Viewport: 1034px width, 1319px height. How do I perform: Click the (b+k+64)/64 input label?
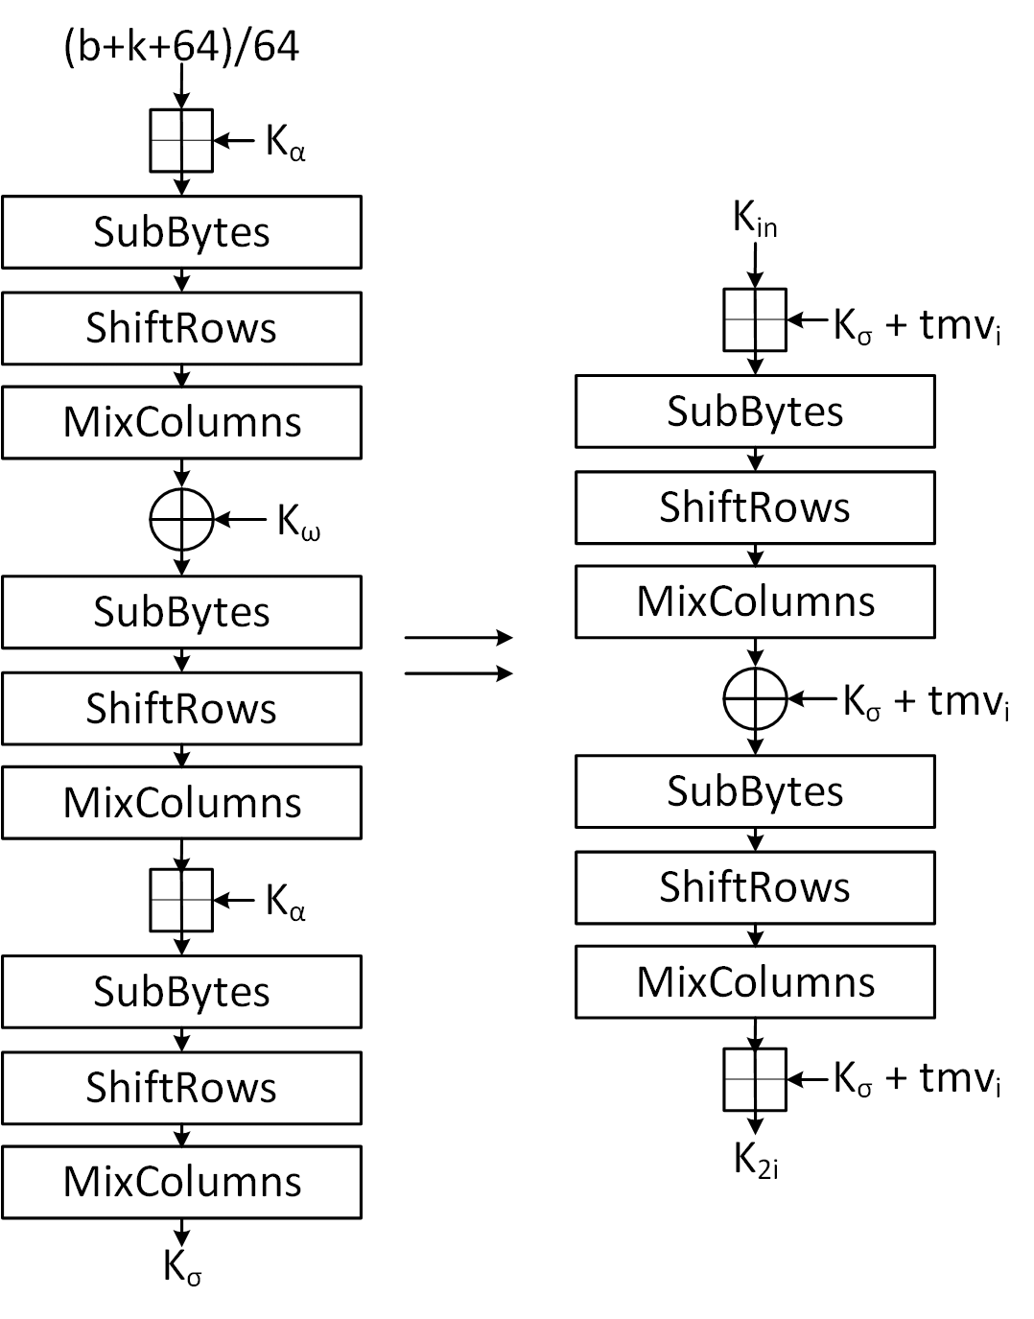click(x=181, y=46)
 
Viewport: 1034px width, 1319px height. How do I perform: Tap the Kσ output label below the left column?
click(x=182, y=1266)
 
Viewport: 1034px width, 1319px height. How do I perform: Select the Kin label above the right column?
click(x=755, y=220)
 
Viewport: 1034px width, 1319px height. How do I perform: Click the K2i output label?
click(x=756, y=1160)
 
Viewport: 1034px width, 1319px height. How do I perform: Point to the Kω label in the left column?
click(x=298, y=521)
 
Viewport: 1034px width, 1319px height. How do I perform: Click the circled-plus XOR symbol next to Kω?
click(x=181, y=520)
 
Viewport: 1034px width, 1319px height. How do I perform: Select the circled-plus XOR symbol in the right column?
click(x=755, y=698)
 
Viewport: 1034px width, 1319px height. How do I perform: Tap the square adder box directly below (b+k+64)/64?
click(x=181, y=141)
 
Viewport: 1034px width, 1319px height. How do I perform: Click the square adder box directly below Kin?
click(x=755, y=319)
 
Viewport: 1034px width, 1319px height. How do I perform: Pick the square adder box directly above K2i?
click(x=755, y=1079)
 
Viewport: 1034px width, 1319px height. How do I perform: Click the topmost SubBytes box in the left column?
click(x=181, y=232)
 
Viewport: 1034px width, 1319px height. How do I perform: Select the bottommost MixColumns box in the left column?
click(x=181, y=1182)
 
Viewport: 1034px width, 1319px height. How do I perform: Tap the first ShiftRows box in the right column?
click(x=755, y=507)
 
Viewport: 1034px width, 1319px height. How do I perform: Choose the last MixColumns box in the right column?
click(x=755, y=982)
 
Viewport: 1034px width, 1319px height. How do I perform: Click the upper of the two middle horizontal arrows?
click(x=458, y=637)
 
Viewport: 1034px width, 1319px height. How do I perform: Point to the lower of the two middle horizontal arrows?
click(x=458, y=673)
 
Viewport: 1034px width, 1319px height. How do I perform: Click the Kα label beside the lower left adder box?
click(x=285, y=902)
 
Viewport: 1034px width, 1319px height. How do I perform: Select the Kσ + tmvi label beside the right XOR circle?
click(x=925, y=702)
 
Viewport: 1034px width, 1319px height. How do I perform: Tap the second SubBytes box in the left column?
click(x=181, y=612)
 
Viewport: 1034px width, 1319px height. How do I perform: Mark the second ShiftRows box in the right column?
click(x=755, y=887)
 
